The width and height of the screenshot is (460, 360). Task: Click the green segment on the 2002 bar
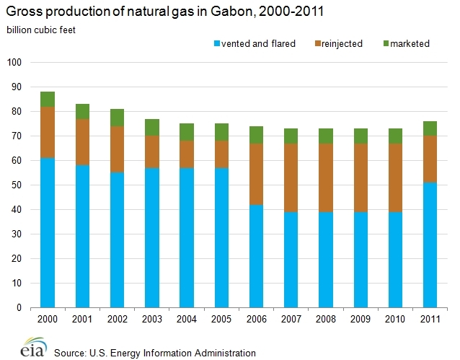point(117,118)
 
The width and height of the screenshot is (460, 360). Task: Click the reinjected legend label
point(342,43)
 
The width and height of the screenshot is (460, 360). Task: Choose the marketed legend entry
point(407,43)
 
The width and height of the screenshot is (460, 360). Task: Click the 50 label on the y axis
point(19,185)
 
